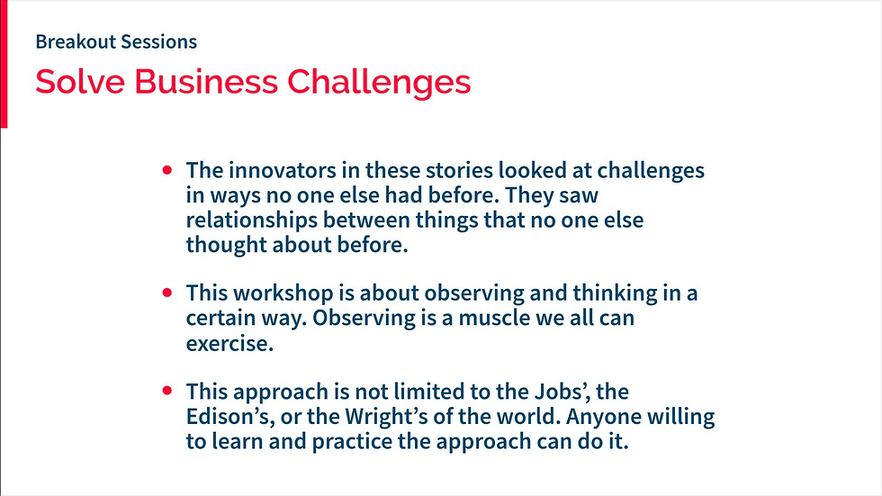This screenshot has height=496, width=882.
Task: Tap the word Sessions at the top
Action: pos(158,41)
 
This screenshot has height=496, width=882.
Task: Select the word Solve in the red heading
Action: pos(80,81)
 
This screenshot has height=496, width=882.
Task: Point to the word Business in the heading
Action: pos(206,81)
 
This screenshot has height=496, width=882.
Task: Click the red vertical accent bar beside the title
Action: pos(4,64)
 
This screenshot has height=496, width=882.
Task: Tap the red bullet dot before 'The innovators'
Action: pos(167,169)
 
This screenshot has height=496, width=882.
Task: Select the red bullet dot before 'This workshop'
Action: pos(167,293)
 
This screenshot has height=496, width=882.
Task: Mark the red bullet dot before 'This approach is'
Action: pos(167,391)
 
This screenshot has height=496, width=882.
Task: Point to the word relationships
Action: pos(252,220)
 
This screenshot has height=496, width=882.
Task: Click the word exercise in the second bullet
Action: pos(229,343)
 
